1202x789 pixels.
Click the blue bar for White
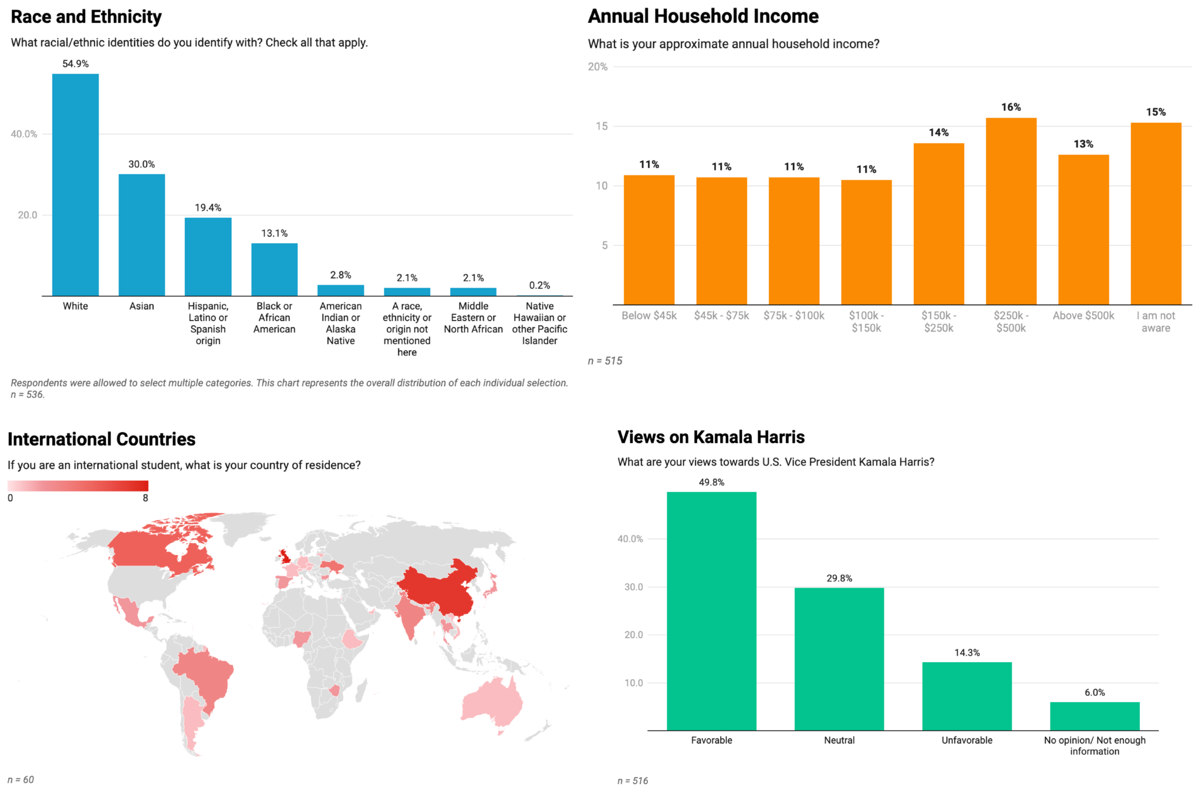(x=75, y=185)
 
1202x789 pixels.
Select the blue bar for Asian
(x=141, y=235)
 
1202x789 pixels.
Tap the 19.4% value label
(x=208, y=208)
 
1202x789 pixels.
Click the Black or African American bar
(x=274, y=269)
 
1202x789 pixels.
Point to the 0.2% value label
(x=539, y=285)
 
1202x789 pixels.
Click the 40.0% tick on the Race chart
(x=24, y=134)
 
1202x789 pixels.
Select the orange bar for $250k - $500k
(x=1011, y=211)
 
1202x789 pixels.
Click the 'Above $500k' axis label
(x=1083, y=316)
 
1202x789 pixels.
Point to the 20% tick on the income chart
(x=597, y=67)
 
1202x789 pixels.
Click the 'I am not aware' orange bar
(x=1156, y=214)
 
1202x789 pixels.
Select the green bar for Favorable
(x=711, y=611)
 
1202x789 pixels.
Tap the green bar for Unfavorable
(x=967, y=696)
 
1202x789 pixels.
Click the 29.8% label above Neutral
(x=839, y=578)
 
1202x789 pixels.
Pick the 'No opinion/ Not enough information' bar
(x=1095, y=716)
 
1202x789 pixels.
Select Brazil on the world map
(x=205, y=675)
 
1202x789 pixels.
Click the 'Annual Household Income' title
(x=703, y=16)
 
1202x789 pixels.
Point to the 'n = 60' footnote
(x=21, y=780)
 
